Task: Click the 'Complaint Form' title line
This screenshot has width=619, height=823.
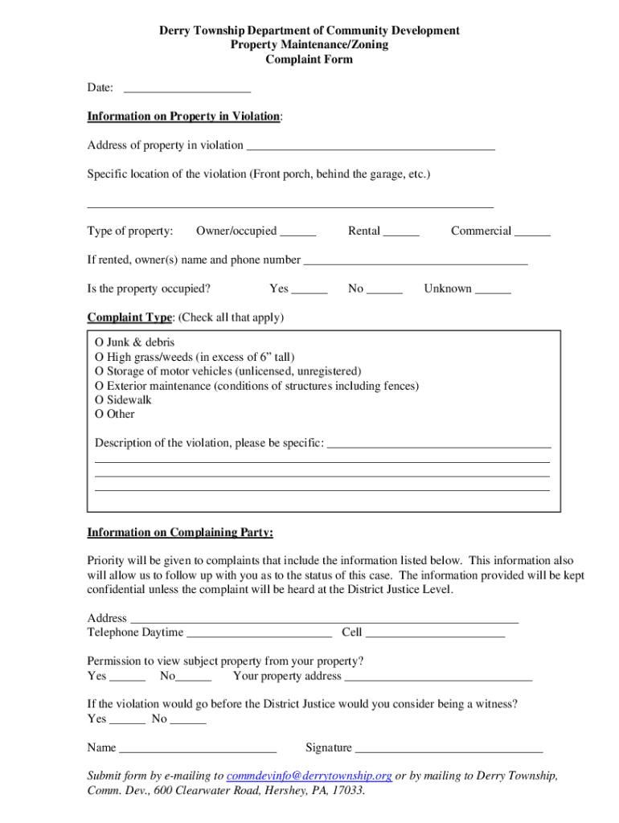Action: point(309,59)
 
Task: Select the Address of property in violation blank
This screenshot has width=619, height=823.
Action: point(371,145)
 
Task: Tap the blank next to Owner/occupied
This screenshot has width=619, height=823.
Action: point(298,231)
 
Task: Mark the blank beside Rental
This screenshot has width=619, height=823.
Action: point(401,231)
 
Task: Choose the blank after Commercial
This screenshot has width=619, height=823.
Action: point(532,231)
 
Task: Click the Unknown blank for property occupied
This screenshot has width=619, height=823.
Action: point(493,289)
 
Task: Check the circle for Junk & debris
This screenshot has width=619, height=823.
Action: point(100,342)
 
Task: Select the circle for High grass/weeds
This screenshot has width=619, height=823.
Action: point(100,357)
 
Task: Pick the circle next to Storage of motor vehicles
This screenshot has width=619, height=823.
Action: point(100,371)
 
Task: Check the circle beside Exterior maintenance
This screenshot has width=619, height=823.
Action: point(100,386)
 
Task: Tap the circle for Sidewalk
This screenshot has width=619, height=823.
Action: point(100,400)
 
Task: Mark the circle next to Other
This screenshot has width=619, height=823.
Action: point(100,415)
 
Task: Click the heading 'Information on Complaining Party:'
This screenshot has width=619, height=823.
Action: point(180,532)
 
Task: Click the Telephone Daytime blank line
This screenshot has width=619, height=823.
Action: point(259,633)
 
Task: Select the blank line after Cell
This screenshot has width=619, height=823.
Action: point(435,633)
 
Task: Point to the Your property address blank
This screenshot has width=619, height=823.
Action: point(438,677)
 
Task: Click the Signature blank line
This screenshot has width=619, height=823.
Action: point(449,749)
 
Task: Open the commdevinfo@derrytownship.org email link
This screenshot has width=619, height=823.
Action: point(309,776)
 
